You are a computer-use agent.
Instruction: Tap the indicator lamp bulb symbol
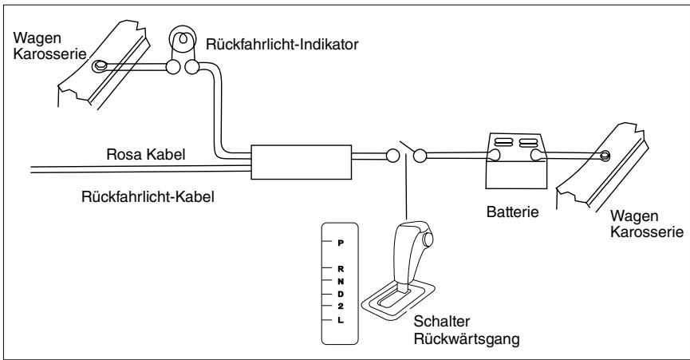click(x=182, y=37)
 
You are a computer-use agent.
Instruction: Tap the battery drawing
click(x=517, y=157)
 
